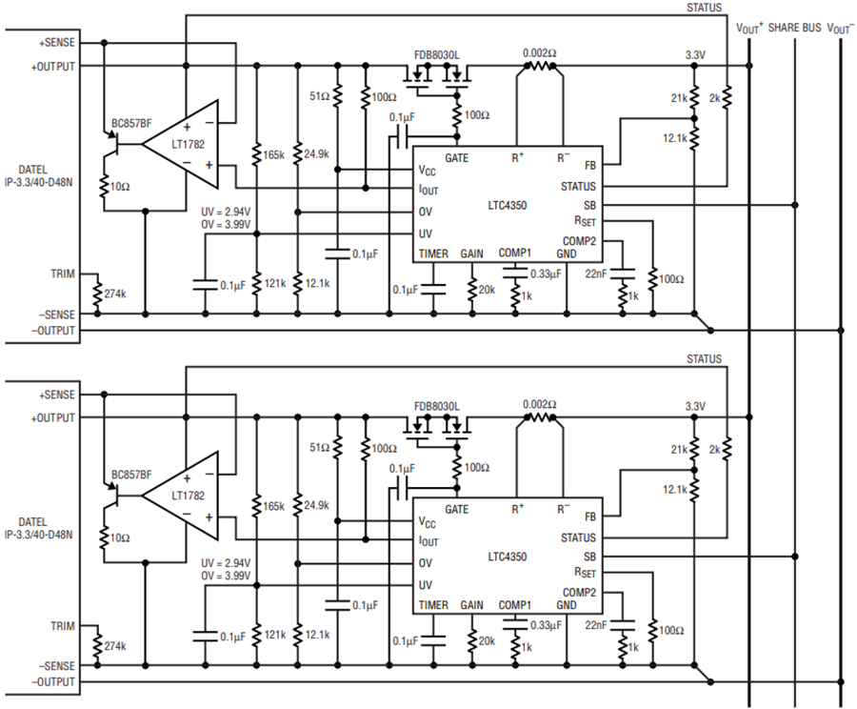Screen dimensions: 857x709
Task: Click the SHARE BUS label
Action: tap(794, 28)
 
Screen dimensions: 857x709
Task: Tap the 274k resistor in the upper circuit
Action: tap(97, 294)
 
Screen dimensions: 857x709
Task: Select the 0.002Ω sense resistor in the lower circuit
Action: tap(540, 417)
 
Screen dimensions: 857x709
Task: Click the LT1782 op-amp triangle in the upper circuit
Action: tap(180, 145)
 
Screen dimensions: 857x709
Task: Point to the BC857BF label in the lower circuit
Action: tap(131, 475)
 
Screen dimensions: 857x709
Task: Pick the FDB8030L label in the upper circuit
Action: tap(436, 55)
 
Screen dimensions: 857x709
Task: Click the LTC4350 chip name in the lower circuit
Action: tap(508, 557)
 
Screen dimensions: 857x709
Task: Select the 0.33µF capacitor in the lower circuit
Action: tap(515, 623)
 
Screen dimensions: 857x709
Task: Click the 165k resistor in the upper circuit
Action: tap(256, 153)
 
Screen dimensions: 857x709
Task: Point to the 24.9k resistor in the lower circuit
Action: tap(298, 504)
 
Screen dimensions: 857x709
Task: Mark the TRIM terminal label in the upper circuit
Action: tap(63, 273)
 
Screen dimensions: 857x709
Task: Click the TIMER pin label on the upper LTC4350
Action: tap(433, 253)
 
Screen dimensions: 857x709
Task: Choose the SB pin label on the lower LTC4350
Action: tap(589, 557)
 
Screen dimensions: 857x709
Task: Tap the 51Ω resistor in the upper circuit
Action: tap(337, 95)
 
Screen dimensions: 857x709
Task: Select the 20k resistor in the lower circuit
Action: tap(472, 640)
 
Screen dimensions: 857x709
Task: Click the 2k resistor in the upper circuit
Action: tap(727, 98)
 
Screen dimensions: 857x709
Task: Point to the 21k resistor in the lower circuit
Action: tap(694, 449)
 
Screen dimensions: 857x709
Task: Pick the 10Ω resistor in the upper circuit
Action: tap(103, 186)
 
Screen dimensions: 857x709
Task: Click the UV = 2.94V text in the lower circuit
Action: tap(226, 563)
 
